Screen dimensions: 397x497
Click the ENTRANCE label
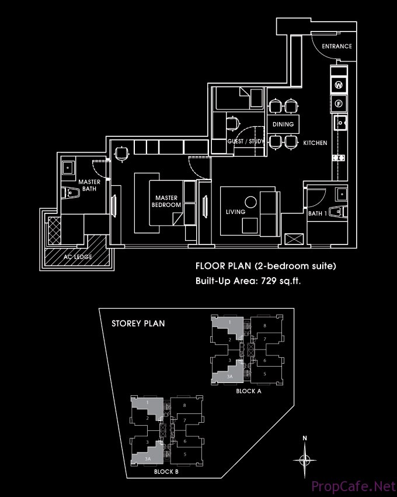[337, 46]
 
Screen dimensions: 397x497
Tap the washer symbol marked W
[339, 85]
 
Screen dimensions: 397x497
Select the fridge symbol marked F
[339, 103]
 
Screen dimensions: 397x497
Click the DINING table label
[283, 124]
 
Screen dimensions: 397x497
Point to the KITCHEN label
[315, 143]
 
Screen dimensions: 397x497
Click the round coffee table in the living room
[250, 202]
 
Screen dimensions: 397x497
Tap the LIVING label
[235, 212]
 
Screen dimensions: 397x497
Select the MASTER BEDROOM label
[166, 201]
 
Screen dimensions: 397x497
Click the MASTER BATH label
[89, 185]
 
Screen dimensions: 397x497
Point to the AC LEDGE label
[78, 257]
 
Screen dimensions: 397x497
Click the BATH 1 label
[318, 213]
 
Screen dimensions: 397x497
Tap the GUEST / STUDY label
[246, 141]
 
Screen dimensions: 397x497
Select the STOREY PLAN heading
[138, 323]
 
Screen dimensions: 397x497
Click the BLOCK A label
[249, 391]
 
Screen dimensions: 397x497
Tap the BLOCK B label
[166, 472]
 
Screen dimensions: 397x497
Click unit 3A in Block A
[230, 377]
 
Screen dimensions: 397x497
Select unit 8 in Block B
[184, 405]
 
